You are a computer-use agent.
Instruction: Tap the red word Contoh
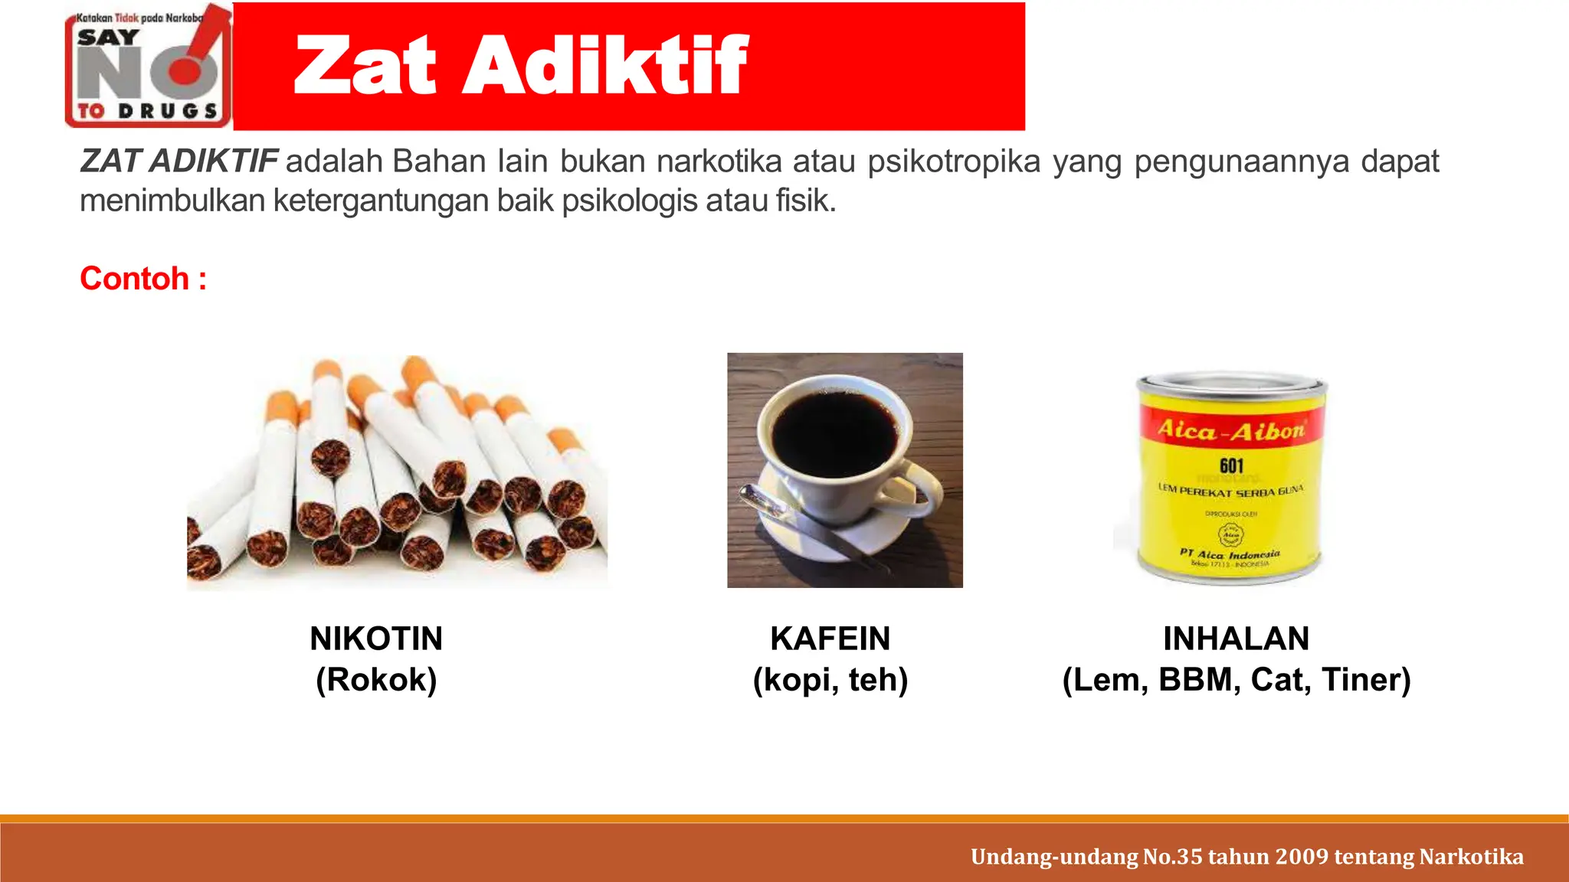tap(135, 279)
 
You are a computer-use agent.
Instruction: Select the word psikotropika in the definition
tap(954, 162)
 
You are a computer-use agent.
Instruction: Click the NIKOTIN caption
tap(376, 639)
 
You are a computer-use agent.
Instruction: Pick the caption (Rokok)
tap(376, 680)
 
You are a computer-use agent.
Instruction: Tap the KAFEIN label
tap(830, 639)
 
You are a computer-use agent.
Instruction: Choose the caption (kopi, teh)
tap(830, 680)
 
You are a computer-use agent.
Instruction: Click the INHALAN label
tap(1236, 639)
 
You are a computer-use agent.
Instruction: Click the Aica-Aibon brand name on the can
tap(1231, 430)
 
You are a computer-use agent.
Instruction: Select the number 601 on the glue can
tap(1231, 465)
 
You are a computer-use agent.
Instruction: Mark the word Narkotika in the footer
tap(1471, 856)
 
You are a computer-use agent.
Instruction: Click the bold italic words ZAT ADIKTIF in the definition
tap(179, 162)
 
